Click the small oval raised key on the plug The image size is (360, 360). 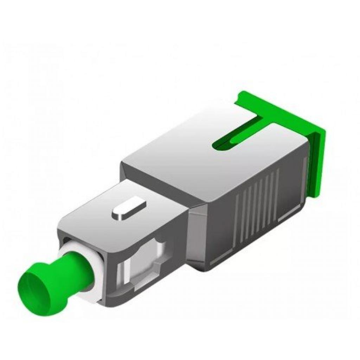[x=128, y=209]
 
